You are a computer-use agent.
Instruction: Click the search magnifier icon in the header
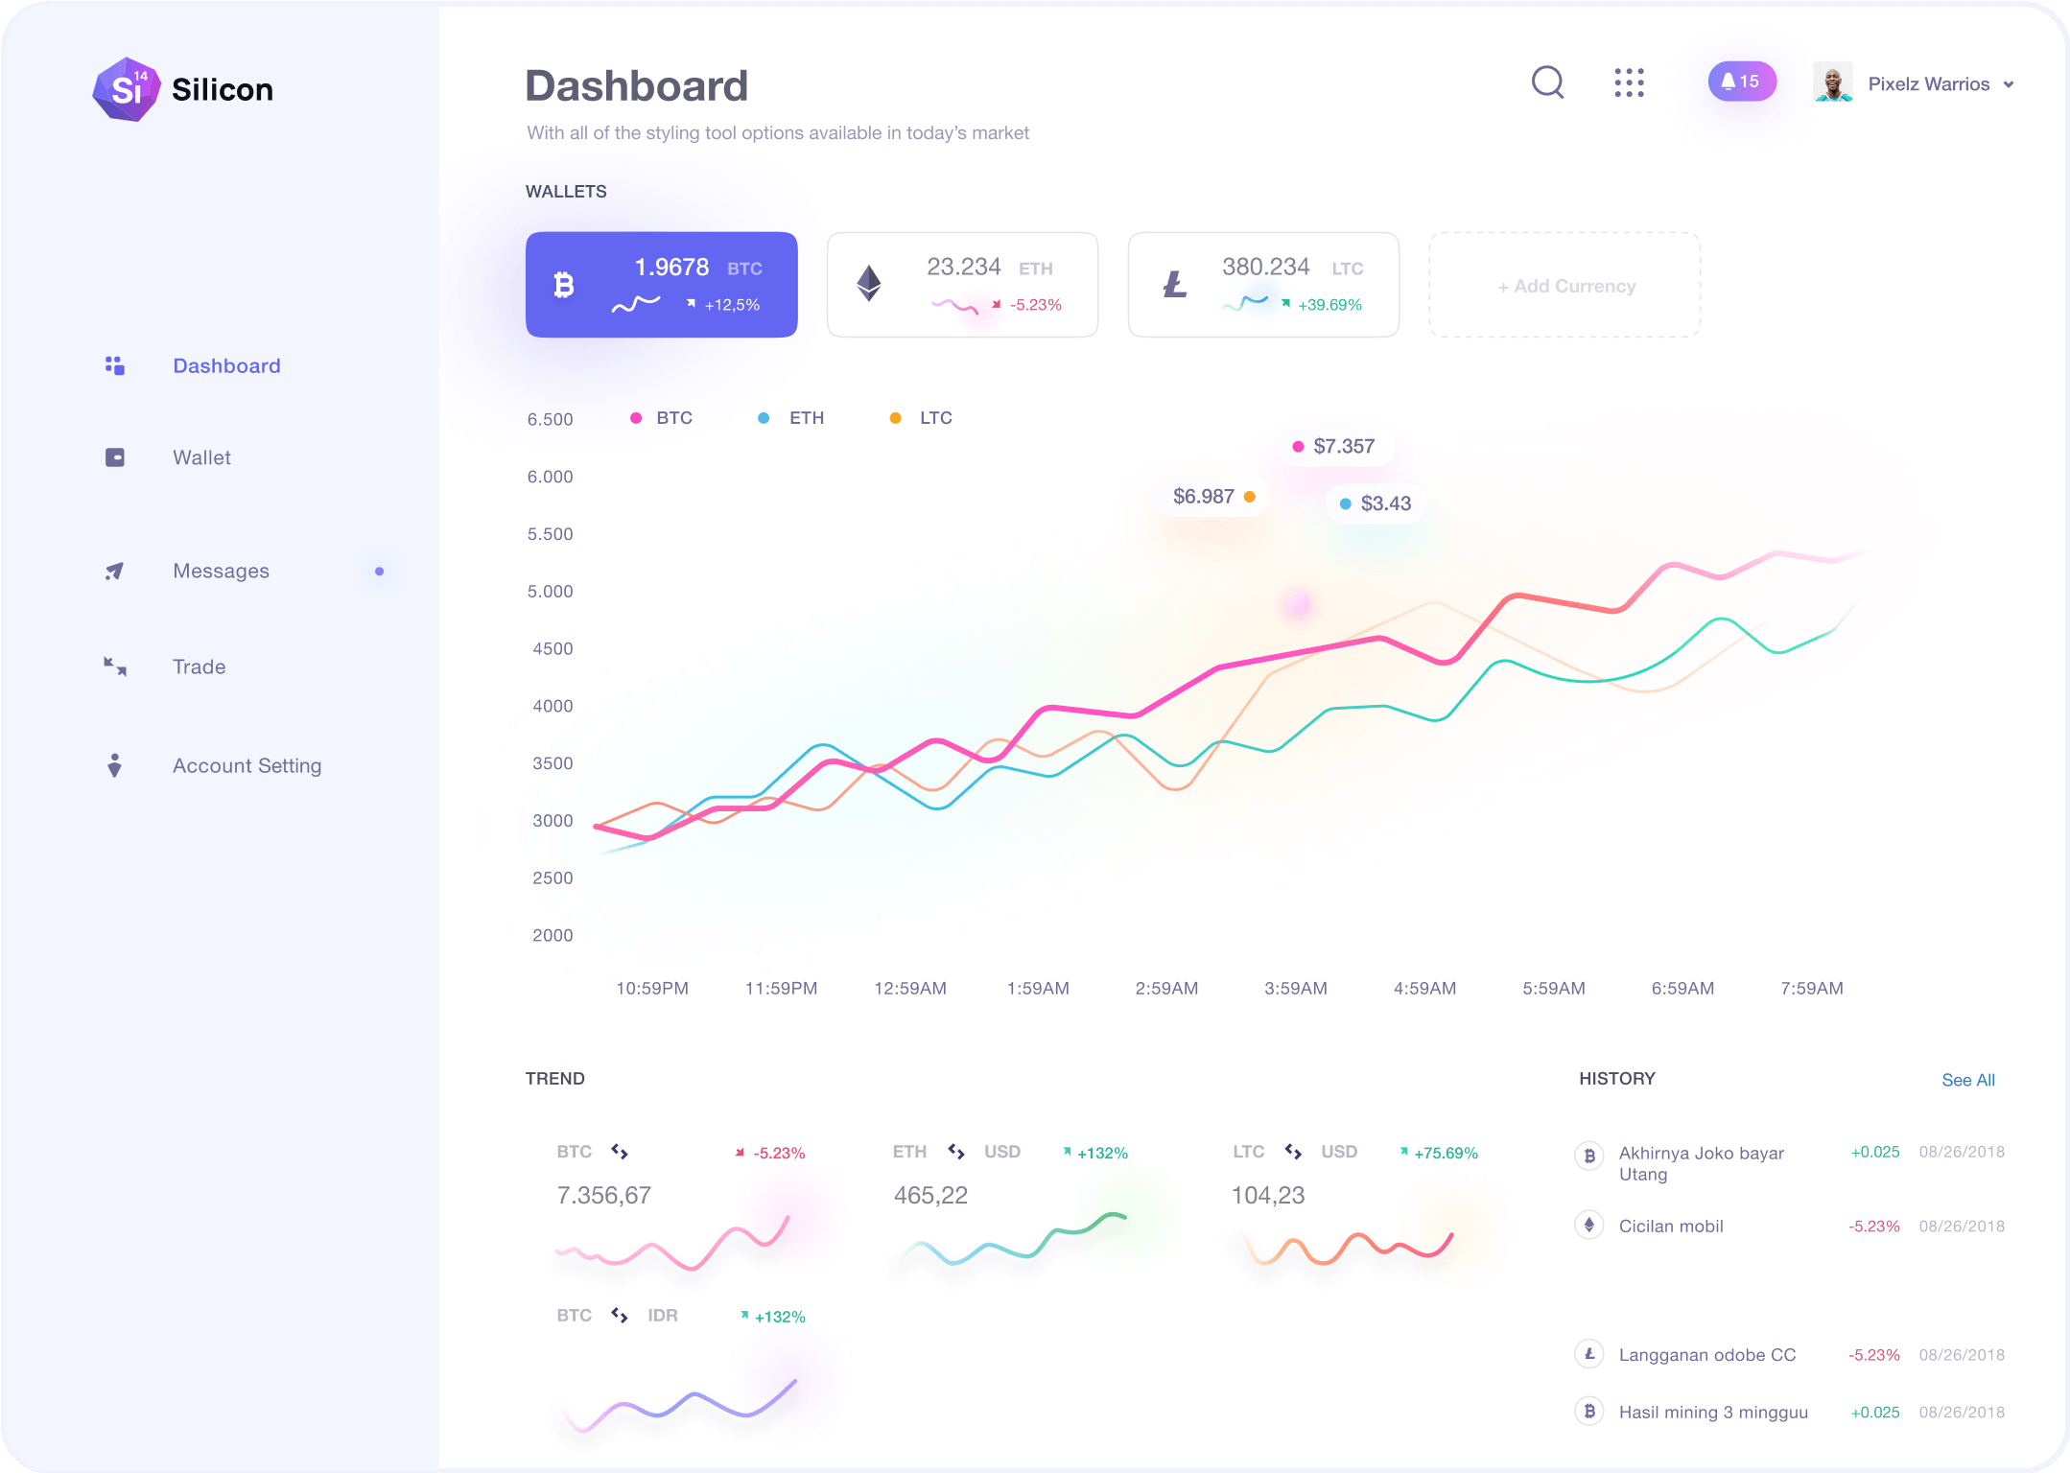tap(1547, 82)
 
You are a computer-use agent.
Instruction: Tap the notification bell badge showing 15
tap(1741, 82)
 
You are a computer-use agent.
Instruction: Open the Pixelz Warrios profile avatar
tap(1832, 83)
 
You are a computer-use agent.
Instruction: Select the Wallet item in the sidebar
tap(201, 458)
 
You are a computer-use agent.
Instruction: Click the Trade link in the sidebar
tap(199, 667)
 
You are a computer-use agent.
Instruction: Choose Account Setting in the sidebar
tap(247, 766)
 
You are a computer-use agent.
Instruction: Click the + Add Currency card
tap(1565, 286)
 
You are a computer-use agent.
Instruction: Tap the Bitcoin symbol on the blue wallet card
tap(564, 285)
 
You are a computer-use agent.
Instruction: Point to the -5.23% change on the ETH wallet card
tap(1035, 305)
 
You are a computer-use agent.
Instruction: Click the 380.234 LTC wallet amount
tap(1265, 267)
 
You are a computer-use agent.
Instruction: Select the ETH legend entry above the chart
tap(806, 418)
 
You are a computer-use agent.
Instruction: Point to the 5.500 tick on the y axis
tap(550, 534)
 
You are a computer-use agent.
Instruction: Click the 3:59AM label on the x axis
tap(1295, 989)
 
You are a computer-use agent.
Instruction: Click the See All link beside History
tap(1967, 1081)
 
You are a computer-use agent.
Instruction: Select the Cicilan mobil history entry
tap(1670, 1227)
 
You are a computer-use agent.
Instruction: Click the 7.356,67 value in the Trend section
tap(603, 1196)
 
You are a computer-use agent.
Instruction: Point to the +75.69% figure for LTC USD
tap(1446, 1154)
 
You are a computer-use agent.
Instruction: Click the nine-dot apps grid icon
tap(1629, 83)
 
